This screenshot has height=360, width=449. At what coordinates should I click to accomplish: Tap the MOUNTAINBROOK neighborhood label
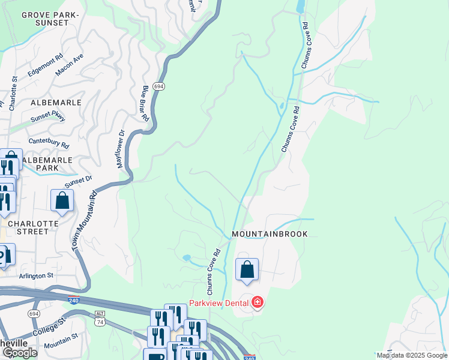tap(270, 234)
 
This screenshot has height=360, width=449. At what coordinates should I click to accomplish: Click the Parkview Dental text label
tap(220, 302)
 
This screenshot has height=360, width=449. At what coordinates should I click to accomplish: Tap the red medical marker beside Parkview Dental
tap(258, 302)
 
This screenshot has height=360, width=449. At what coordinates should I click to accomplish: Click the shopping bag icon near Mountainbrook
tap(247, 271)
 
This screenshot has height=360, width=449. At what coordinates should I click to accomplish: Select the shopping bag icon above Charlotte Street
tap(62, 202)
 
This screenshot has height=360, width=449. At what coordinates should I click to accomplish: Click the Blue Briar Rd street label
tap(145, 103)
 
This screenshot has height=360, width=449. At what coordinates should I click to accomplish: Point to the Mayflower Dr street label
tap(119, 149)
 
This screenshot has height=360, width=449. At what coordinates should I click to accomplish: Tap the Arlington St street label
tap(38, 275)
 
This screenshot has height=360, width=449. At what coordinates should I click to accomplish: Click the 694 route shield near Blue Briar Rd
tap(158, 87)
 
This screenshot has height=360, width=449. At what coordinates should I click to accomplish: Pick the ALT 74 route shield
tap(100, 318)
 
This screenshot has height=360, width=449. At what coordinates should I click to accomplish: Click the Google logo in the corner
tap(20, 353)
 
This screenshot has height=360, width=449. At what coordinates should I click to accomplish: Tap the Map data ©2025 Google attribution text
tap(412, 355)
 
